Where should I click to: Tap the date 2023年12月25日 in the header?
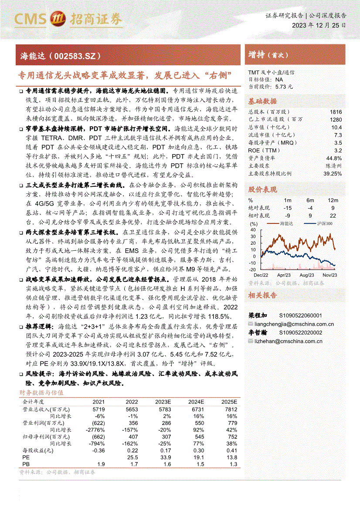click(319, 25)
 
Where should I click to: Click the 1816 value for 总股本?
click(336, 112)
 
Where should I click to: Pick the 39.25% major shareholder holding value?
click(333, 173)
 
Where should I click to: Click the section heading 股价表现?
click(262, 189)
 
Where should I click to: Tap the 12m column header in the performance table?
click(333, 200)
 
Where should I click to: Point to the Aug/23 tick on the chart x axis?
click(307, 275)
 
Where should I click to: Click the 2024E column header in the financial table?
click(196, 402)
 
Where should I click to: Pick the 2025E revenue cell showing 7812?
click(230, 410)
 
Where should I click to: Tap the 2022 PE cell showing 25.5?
click(132, 458)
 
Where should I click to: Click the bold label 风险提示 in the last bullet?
click(39, 374)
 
